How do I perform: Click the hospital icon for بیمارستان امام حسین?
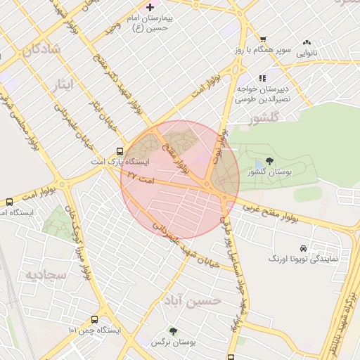coord(150,6)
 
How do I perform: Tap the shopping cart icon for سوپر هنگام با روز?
coord(262,39)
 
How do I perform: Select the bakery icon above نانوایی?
coord(306,41)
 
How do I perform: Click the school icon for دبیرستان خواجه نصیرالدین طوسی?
coord(262,78)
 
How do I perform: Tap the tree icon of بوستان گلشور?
coord(269,161)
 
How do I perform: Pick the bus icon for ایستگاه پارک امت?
coord(120,150)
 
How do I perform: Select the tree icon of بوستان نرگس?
coord(173,330)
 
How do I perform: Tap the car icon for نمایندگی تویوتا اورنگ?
coord(302,248)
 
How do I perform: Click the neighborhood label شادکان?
coord(41,50)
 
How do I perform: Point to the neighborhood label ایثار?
coord(63,86)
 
